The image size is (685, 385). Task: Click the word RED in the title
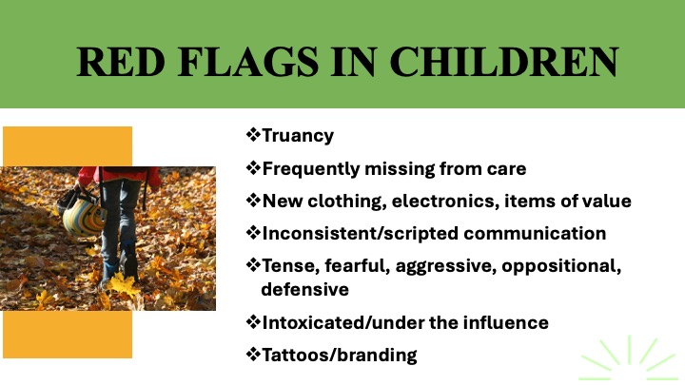tap(121, 62)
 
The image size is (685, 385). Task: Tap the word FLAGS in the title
tap(248, 62)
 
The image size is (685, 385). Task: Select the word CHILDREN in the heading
tap(503, 62)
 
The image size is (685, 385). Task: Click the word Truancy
tap(298, 136)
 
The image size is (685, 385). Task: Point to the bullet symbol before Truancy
tap(253, 134)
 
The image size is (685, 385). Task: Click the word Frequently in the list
tap(310, 169)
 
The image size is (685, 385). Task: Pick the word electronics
tap(445, 202)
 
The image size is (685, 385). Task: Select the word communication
tap(535, 234)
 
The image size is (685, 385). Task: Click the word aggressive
tap(446, 266)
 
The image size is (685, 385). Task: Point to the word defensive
tap(305, 289)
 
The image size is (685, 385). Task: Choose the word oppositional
tap(561, 266)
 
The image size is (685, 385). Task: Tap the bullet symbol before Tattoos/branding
tap(253, 355)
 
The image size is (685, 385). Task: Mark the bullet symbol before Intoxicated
tap(253, 322)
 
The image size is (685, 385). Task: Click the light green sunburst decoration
tap(628, 358)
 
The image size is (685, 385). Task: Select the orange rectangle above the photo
tap(68, 146)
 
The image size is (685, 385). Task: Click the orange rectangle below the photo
tap(68, 335)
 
